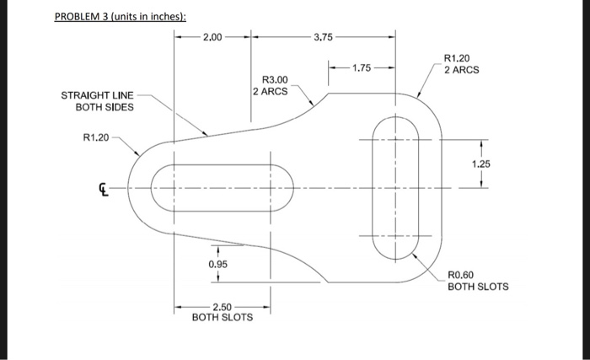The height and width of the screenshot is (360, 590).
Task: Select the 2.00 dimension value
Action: [x=213, y=37]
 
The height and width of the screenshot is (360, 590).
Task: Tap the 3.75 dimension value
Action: [x=323, y=37]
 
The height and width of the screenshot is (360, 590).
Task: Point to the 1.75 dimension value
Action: [x=361, y=67]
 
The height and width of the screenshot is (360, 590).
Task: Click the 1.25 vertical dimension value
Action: [x=480, y=164]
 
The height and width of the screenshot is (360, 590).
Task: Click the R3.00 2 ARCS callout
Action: [x=271, y=84]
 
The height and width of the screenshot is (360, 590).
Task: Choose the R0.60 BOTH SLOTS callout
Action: [x=478, y=281]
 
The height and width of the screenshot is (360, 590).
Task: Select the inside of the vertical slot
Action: [x=396, y=187]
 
